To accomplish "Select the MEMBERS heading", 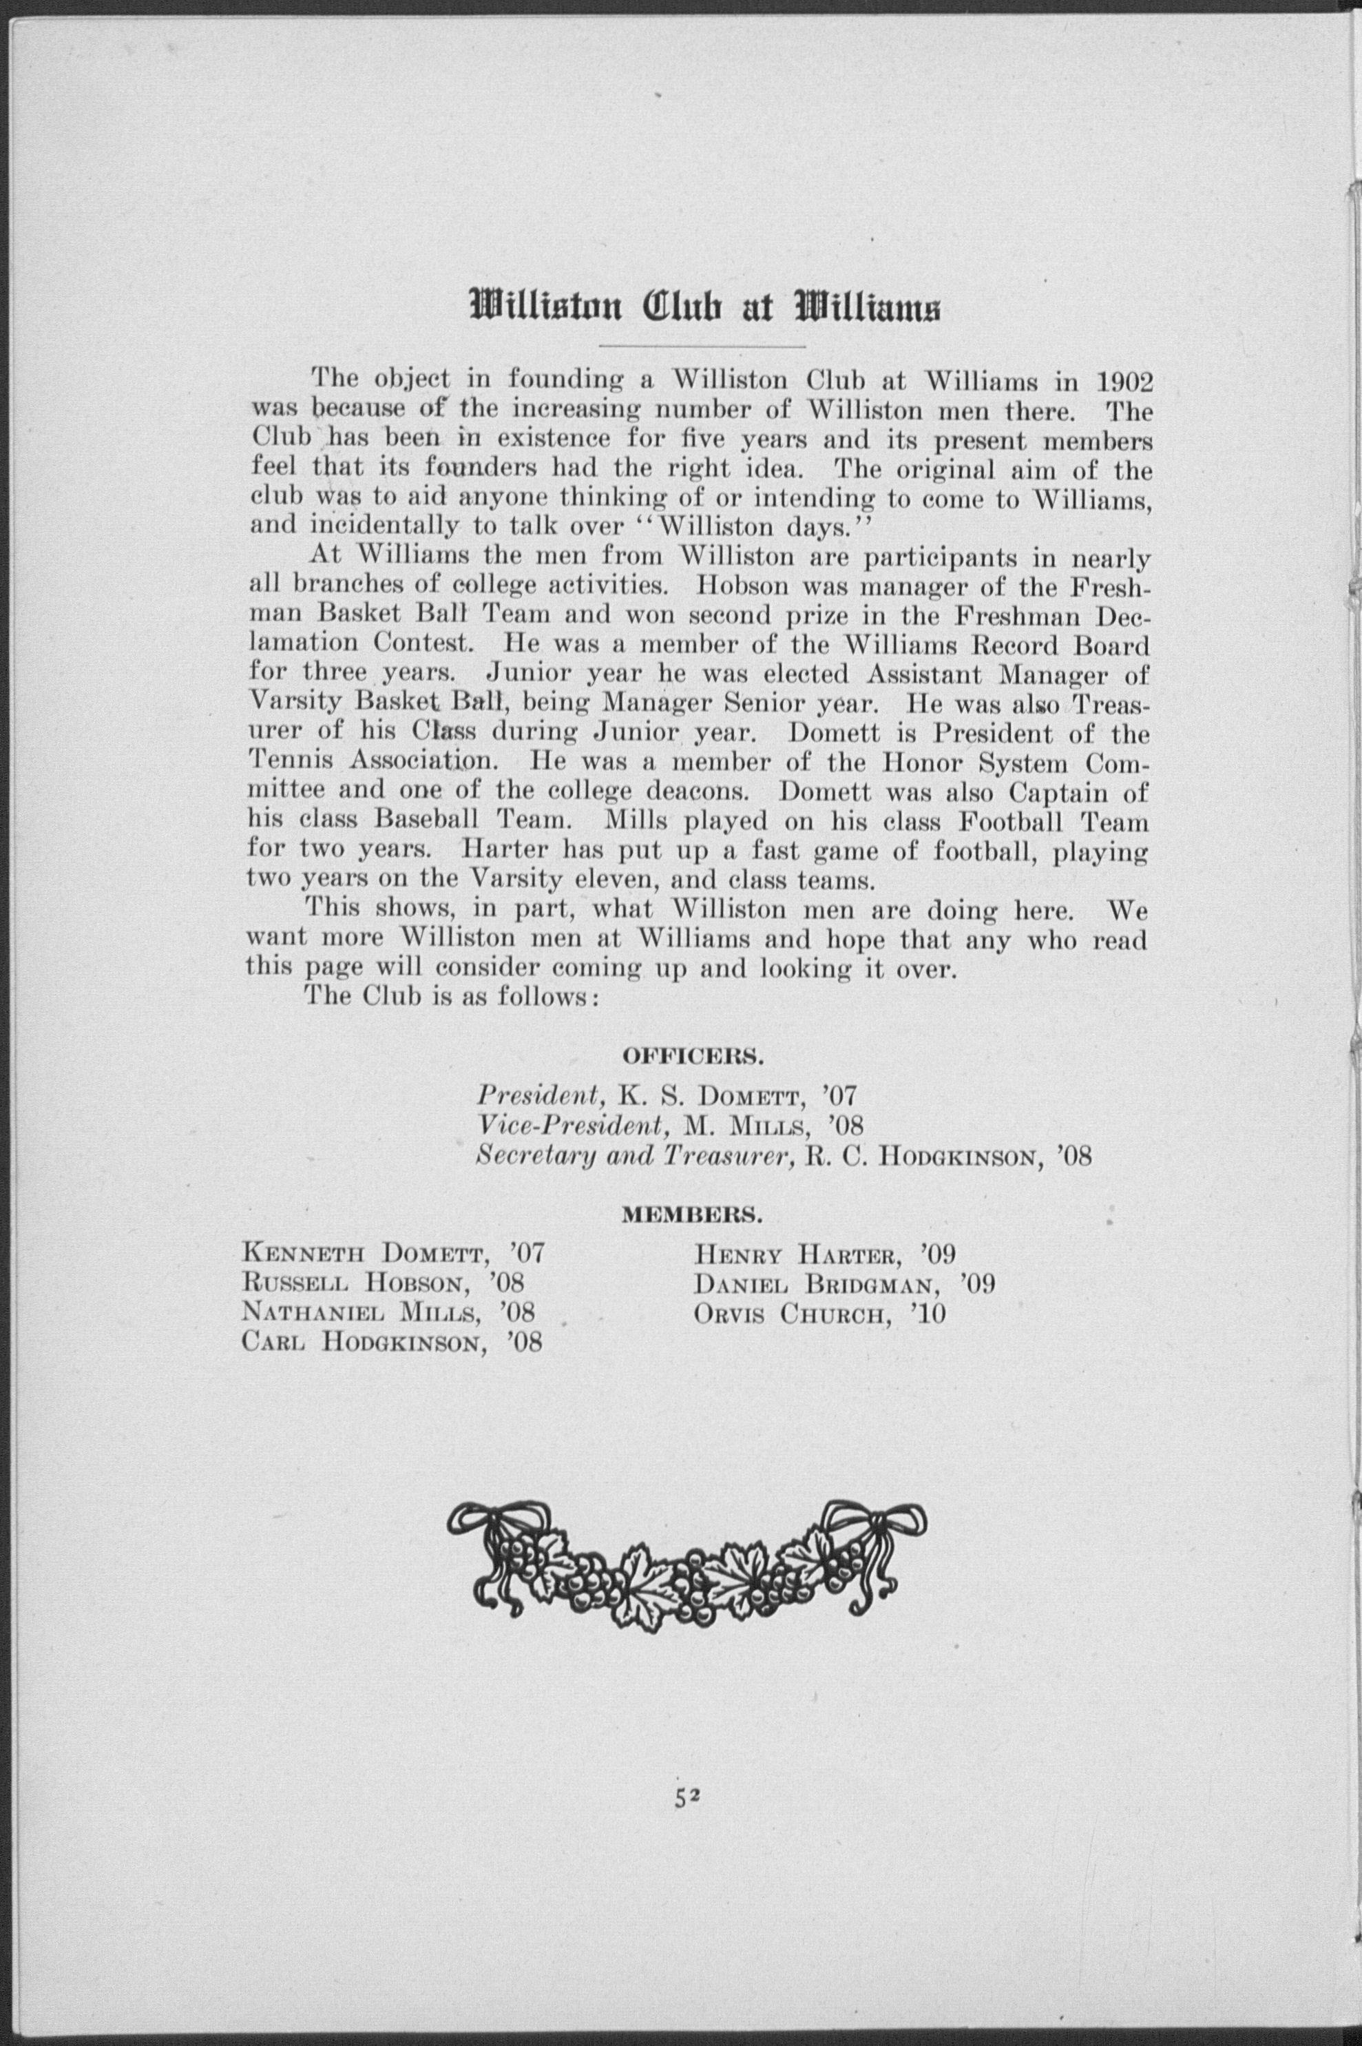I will coord(691,1215).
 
